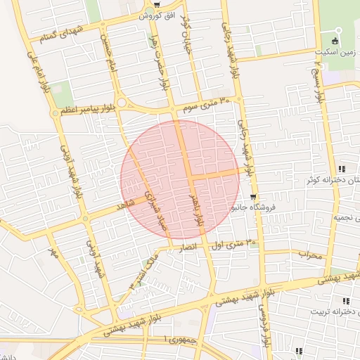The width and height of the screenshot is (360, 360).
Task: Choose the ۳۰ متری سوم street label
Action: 206,105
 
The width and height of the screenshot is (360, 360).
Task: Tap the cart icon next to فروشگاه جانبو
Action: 252,198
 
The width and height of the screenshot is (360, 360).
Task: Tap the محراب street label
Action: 309,254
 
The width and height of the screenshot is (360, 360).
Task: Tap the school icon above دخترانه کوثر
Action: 342,169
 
